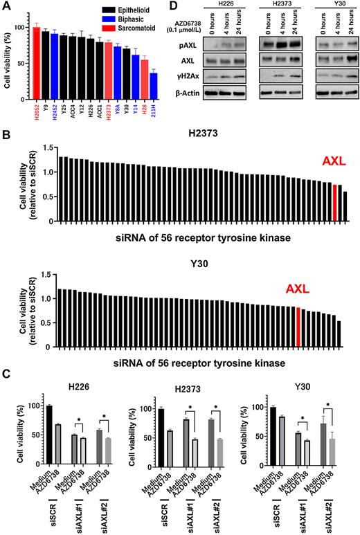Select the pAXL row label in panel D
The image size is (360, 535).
pyautogui.click(x=185, y=44)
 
